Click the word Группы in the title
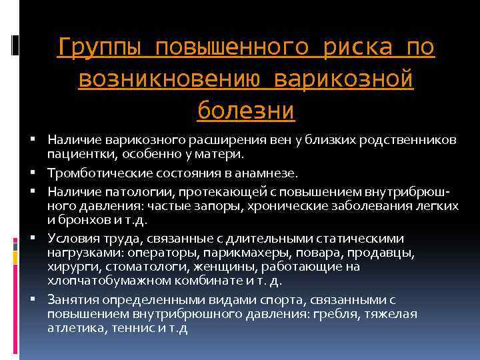coord(99,47)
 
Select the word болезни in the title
coord(246,109)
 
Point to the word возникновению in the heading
coord(173,79)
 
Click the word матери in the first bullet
coord(221,155)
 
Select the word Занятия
coord(69,300)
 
